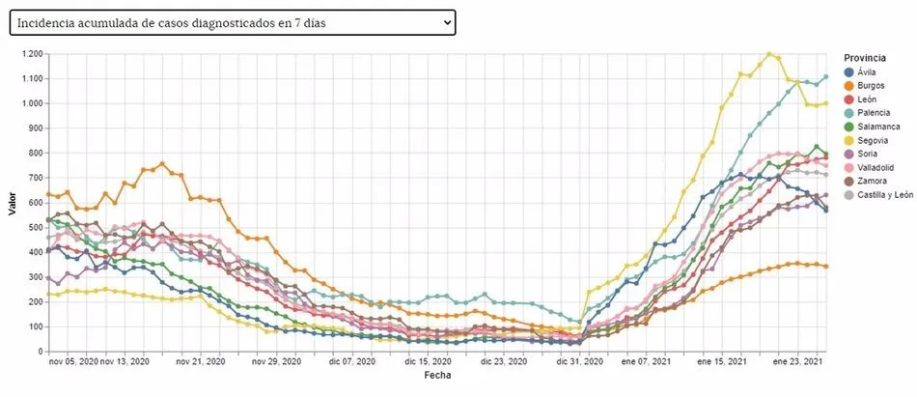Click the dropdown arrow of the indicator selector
click(x=445, y=22)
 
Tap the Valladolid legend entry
click(x=876, y=166)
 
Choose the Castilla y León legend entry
click(x=884, y=194)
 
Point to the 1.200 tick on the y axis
click(x=29, y=53)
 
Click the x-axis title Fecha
click(x=436, y=375)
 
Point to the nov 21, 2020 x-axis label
click(x=199, y=362)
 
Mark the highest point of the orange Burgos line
click(x=162, y=163)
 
